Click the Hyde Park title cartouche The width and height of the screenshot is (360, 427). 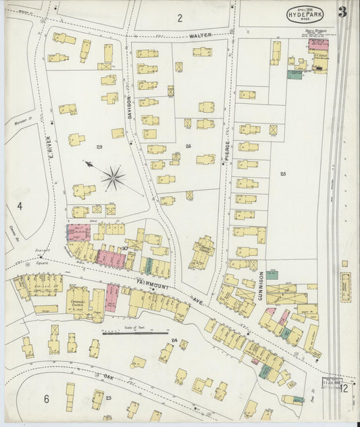[x=305, y=14]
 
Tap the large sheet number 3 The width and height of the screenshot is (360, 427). [x=343, y=11]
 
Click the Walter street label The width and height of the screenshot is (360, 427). [x=201, y=34]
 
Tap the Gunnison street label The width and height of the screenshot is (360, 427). [x=261, y=286]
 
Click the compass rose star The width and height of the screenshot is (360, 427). [x=113, y=179]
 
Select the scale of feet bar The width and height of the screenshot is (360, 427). [x=135, y=332]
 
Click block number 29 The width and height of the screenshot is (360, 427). [x=99, y=147]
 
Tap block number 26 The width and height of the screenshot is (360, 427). [x=188, y=147]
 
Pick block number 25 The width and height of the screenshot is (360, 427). [x=283, y=174]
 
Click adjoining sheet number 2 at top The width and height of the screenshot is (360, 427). [x=180, y=18]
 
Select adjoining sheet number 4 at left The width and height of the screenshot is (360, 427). [x=20, y=205]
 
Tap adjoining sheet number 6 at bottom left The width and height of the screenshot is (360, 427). [x=47, y=399]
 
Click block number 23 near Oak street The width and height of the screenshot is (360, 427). [x=107, y=398]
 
